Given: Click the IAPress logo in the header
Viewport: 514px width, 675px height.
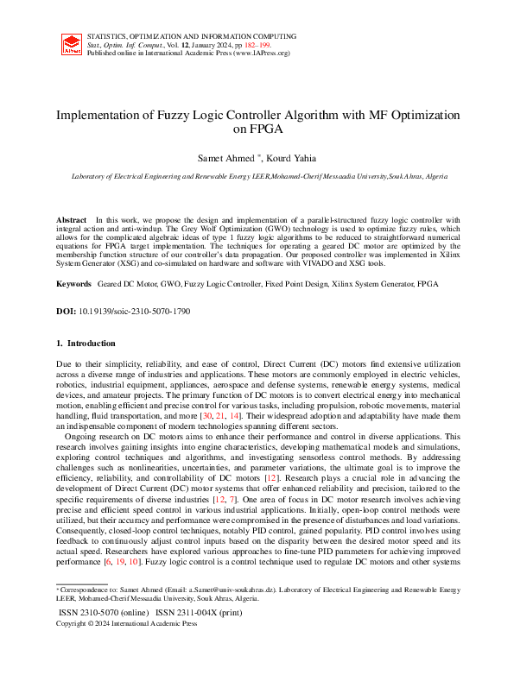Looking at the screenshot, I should pos(73,44).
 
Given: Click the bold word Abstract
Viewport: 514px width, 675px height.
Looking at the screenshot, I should pos(72,220).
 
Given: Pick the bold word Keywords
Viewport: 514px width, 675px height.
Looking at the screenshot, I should pos(74,283).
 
